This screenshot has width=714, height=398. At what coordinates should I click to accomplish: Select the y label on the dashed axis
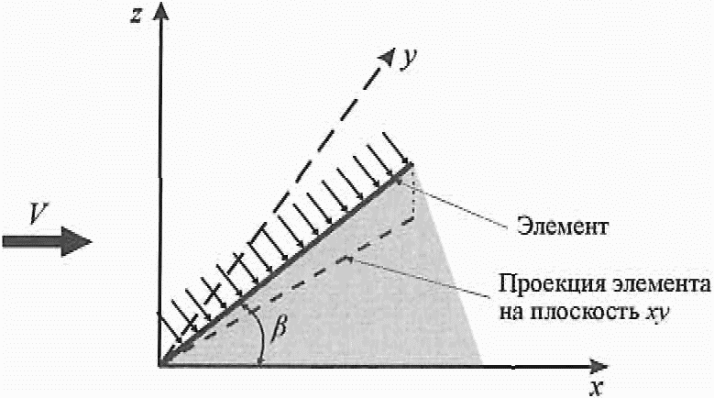coord(410,57)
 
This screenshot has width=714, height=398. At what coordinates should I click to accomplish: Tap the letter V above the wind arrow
coord(37,214)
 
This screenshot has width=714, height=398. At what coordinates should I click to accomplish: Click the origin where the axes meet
coord(161,365)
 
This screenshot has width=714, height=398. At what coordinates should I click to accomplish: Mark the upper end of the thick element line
coord(410,166)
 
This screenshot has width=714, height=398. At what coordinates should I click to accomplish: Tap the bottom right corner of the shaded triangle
coord(481,364)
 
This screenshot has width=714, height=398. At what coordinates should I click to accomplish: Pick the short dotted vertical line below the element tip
coord(414,193)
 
